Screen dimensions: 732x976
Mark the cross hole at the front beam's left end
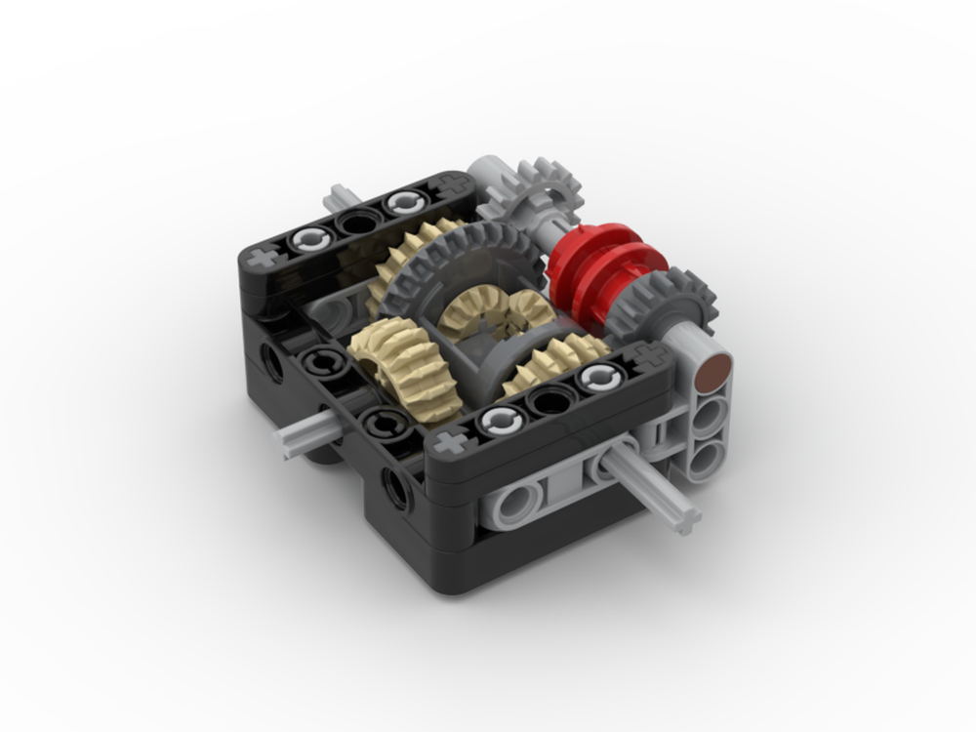[450, 444]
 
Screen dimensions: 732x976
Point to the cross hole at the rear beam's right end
[450, 184]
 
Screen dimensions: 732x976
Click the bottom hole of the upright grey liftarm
[707, 454]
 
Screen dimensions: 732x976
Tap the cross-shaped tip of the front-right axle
[689, 517]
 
